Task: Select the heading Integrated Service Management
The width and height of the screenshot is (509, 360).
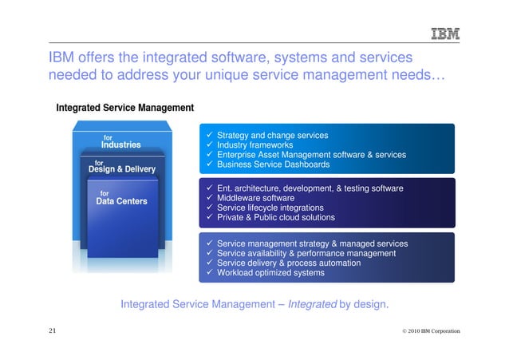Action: point(124,107)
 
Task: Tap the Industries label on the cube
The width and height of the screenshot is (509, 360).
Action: point(120,145)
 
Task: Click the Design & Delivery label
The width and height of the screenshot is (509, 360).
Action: point(121,169)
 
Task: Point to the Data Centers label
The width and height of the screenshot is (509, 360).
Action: point(121,201)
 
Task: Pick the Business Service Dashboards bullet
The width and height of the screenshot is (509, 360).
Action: point(273,164)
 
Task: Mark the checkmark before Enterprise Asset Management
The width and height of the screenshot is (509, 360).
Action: point(209,155)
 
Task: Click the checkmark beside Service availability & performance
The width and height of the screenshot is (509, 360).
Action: point(209,253)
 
